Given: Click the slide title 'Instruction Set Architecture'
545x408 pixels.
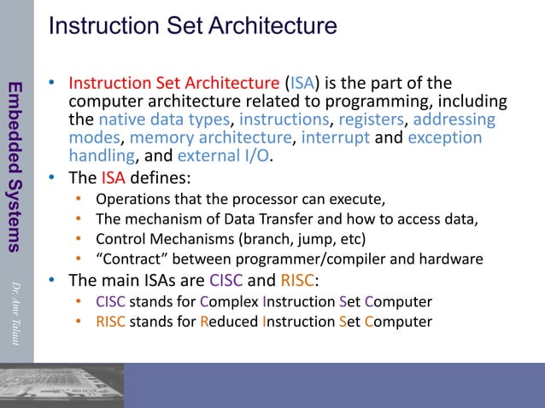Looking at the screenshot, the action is (192, 26).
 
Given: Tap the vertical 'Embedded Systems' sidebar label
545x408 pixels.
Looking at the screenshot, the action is (15, 167).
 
